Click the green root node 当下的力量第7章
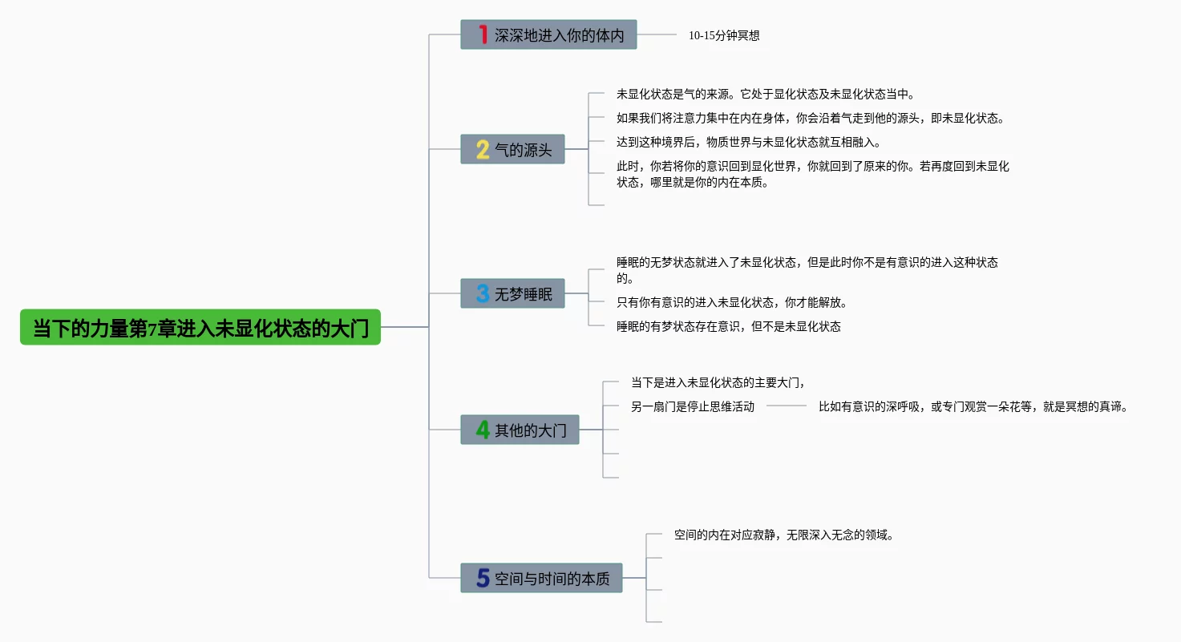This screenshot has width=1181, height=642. [x=200, y=328]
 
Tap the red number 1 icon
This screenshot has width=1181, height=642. [x=483, y=34]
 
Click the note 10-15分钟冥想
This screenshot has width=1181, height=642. [x=724, y=35]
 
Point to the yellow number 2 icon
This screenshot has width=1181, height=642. [x=483, y=149]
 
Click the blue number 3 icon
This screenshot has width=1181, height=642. [x=483, y=293]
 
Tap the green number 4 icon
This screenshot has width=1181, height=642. [x=483, y=430]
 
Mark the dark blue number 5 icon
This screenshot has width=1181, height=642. [x=483, y=578]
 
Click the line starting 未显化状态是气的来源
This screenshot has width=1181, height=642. [x=765, y=95]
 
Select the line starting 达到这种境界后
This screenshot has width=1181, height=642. [x=748, y=143]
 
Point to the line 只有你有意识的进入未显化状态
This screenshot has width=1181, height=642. [x=731, y=303]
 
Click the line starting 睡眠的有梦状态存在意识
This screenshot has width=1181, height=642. [x=728, y=327]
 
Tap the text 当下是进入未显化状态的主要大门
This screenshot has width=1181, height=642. [x=717, y=382]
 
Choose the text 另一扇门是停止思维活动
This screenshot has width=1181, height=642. [x=693, y=407]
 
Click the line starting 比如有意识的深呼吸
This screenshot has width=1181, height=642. [x=973, y=407]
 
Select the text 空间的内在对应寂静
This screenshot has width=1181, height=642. [x=783, y=535]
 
